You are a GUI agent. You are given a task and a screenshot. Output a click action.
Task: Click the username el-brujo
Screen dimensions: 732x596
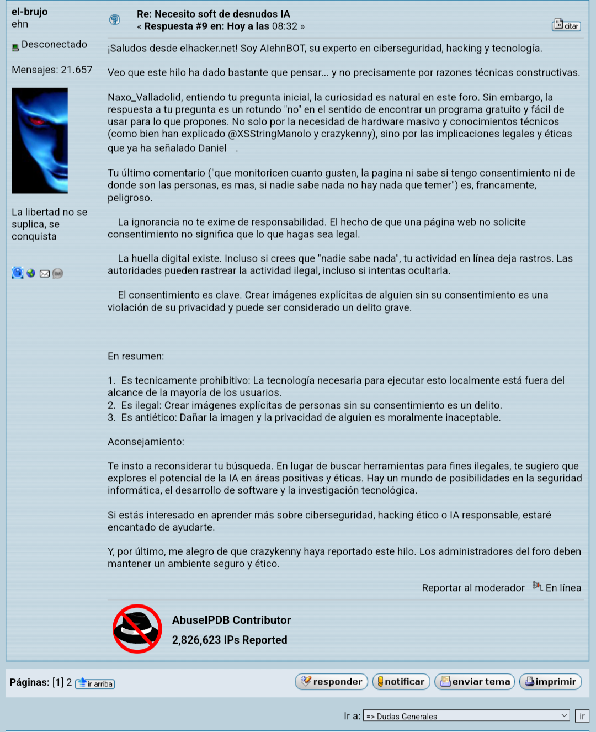tap(29, 12)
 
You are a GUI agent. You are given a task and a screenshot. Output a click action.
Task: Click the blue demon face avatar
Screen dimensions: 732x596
tap(40, 141)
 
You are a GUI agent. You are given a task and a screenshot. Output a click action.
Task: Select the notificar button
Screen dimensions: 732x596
tap(401, 682)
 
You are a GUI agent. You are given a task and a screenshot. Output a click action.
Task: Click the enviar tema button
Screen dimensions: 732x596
tap(475, 682)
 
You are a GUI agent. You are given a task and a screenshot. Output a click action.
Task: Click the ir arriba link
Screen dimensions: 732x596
tap(95, 683)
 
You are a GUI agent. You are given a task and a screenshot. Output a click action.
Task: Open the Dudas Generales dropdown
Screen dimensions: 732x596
tap(466, 716)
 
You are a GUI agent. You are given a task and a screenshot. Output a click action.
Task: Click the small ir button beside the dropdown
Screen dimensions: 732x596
tap(582, 716)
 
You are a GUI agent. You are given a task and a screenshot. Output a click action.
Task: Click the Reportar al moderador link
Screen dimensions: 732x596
tap(473, 588)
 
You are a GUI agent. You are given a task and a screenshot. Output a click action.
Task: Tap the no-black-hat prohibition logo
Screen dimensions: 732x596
tap(137, 629)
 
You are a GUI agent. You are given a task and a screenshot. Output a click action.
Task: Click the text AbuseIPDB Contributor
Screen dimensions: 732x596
tap(231, 620)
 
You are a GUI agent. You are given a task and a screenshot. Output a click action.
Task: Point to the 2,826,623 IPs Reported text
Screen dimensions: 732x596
tap(230, 640)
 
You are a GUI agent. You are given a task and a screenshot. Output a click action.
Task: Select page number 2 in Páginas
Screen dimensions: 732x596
tap(69, 682)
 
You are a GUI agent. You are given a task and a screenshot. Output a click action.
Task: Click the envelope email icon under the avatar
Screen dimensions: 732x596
tap(45, 273)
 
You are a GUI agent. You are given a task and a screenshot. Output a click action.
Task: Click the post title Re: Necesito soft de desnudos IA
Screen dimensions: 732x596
tap(213, 14)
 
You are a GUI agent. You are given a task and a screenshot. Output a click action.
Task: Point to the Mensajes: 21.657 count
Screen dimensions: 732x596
tap(52, 70)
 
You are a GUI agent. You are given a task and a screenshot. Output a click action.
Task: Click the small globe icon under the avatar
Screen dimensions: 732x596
tap(31, 273)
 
